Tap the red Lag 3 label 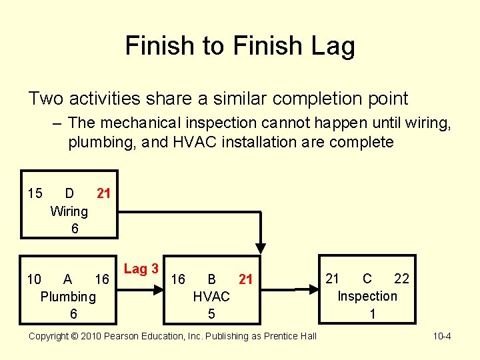point(141,269)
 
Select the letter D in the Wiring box point(69,194)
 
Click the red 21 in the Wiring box point(103,194)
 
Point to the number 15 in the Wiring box point(35,194)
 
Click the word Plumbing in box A point(68,297)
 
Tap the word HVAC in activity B point(211,297)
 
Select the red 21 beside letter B point(246,279)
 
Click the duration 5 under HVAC point(211,313)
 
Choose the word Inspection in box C point(367,296)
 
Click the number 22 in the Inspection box point(401,279)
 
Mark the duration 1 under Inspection point(372,313)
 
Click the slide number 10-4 point(441,336)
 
